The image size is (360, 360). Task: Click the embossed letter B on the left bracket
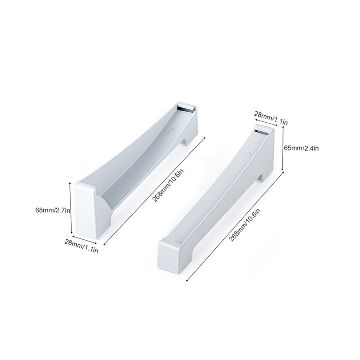click(x=171, y=131)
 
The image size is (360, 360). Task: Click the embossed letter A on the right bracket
click(x=248, y=154)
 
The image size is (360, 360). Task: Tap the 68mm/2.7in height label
click(x=53, y=210)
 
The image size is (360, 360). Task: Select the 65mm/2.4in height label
click(x=301, y=148)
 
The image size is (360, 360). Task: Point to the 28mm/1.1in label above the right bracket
click(x=271, y=118)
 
